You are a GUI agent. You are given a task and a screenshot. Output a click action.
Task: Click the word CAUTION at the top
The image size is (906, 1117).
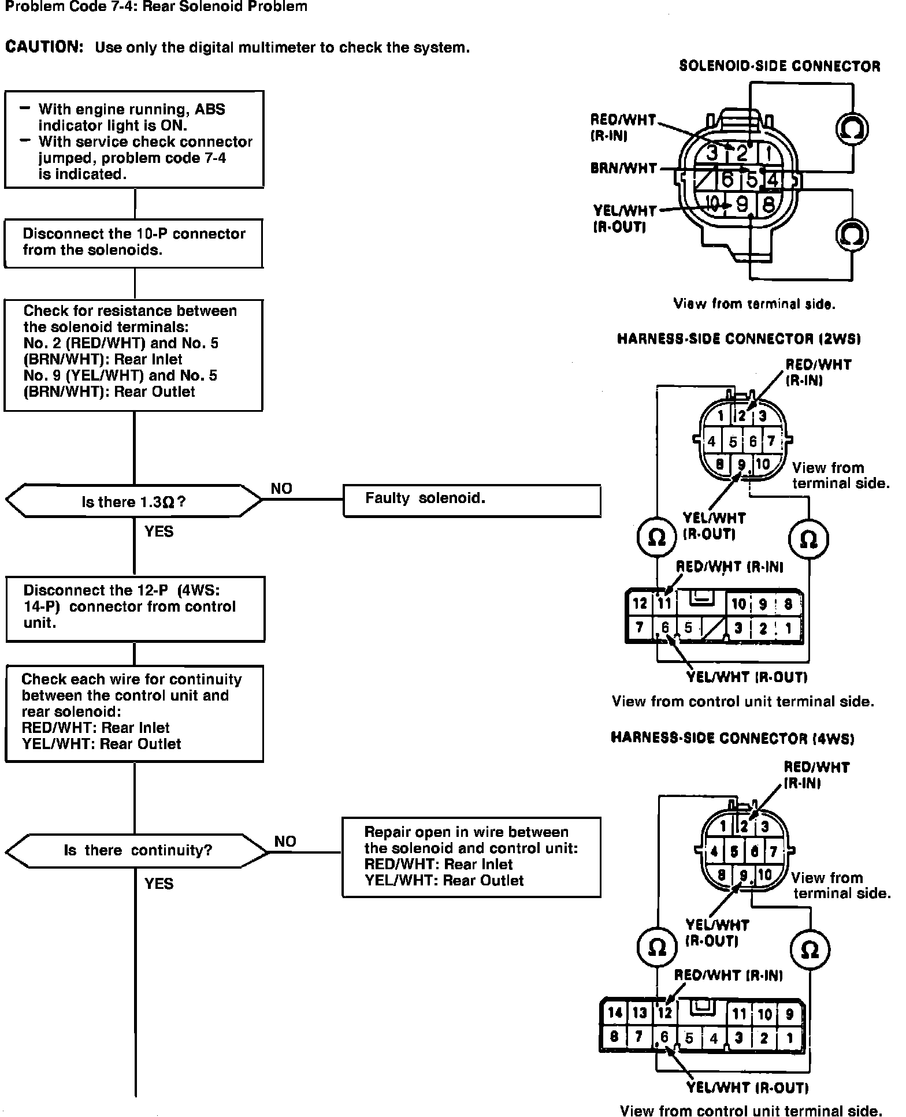click(x=44, y=47)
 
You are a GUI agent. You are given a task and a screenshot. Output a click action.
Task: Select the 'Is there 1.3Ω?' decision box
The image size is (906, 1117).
click(x=133, y=501)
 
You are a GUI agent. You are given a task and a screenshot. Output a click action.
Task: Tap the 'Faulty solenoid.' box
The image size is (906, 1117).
click(x=471, y=500)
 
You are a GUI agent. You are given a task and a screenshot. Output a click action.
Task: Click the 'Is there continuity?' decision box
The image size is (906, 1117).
click(x=137, y=850)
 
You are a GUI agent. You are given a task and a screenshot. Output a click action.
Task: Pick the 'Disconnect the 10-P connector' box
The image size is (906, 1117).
click(x=133, y=243)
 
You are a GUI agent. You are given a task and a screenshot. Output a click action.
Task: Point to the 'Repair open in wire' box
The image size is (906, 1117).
click(x=471, y=857)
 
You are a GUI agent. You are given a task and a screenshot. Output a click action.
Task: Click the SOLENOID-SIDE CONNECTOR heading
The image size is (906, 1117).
click(x=779, y=66)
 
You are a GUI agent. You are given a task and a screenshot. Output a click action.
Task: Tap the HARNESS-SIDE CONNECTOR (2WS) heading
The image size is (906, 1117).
click(x=739, y=339)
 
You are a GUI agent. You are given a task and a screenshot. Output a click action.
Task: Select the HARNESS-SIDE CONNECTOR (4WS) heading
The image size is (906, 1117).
click(x=732, y=738)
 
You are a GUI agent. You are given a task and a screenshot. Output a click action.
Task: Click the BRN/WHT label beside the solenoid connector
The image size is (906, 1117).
click(x=623, y=169)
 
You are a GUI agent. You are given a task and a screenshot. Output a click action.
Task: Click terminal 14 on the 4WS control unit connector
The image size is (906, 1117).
click(x=615, y=1012)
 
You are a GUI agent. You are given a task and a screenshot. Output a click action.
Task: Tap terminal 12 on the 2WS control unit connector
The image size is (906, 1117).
click(x=640, y=604)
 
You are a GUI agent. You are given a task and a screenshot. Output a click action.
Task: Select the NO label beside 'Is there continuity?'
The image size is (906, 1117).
click(x=285, y=841)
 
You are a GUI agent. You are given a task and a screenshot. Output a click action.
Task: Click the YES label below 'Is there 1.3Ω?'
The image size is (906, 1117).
click(x=159, y=531)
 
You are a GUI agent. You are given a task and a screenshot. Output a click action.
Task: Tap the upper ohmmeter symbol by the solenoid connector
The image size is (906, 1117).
click(x=852, y=128)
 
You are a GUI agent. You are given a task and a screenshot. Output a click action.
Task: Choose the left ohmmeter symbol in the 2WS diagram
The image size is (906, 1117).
click(x=657, y=538)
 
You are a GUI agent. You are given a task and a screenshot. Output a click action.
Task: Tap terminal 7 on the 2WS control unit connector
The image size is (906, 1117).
click(x=640, y=628)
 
